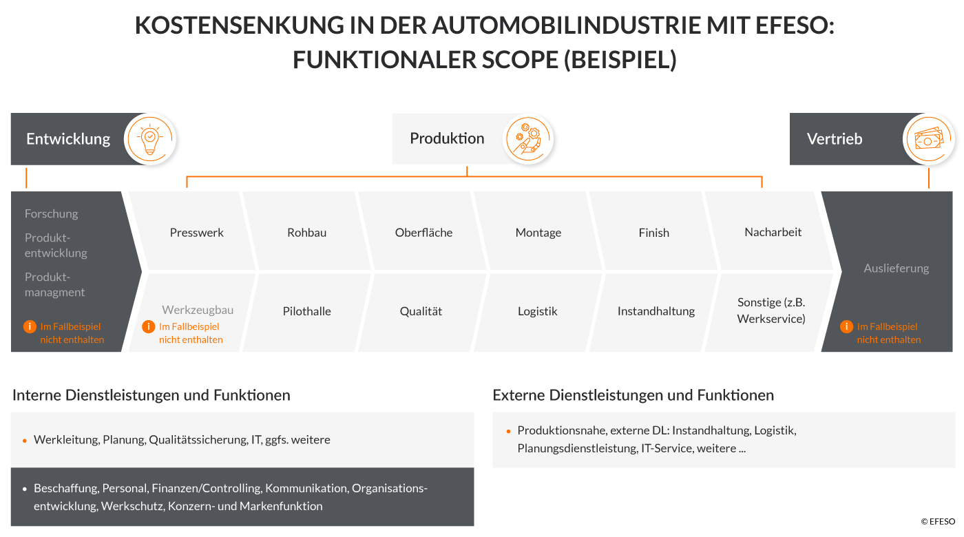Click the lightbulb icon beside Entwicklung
[150, 138]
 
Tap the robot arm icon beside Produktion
[528, 138]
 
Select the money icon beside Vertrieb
[928, 139]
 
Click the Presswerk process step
[197, 233]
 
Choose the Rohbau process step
[307, 233]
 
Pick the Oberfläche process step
[423, 233]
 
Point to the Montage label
[538, 233]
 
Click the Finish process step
[654, 233]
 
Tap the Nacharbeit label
[773, 232]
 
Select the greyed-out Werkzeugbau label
[198, 310]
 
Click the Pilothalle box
[307, 311]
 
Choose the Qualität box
[421, 311]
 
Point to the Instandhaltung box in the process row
[656, 311]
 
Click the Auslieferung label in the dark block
[897, 268]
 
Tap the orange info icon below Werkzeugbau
[148, 326]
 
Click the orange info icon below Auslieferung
[846, 326]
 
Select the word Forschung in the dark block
[52, 213]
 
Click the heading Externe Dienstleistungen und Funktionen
[633, 395]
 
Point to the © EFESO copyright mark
[937, 522]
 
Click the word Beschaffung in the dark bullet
[66, 488]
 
